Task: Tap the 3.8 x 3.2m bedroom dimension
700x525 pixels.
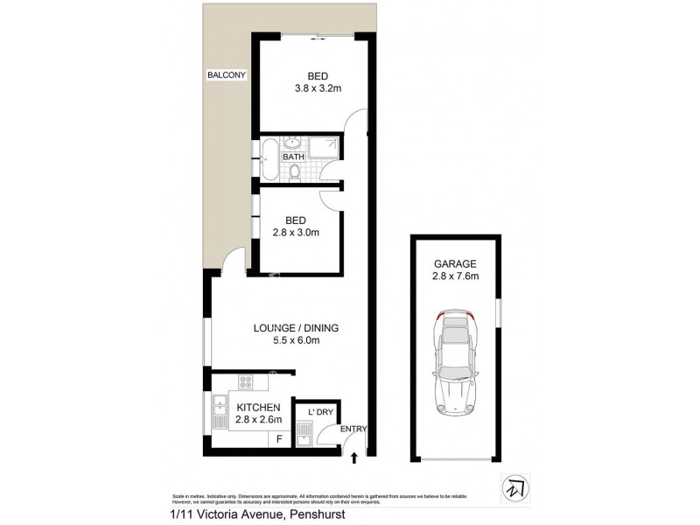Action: click(x=311, y=87)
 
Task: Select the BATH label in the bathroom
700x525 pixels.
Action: click(x=293, y=157)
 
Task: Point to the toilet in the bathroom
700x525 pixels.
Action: click(x=295, y=174)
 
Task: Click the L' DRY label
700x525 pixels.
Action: click(x=315, y=412)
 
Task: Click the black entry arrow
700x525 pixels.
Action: click(x=354, y=456)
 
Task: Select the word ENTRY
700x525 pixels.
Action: click(x=353, y=429)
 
